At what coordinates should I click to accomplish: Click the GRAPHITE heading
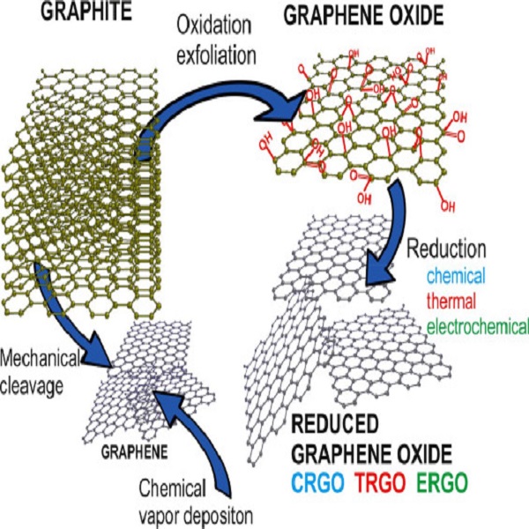(86, 11)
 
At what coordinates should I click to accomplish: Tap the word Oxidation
(214, 26)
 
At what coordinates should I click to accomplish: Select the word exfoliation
(216, 55)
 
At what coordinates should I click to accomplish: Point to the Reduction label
(446, 249)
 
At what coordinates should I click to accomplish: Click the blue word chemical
(456, 275)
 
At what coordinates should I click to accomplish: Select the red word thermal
(451, 300)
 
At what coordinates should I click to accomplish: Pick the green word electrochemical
(477, 326)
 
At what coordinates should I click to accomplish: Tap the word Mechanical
(40, 359)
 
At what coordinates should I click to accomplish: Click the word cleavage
(32, 385)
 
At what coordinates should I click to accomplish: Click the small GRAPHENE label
(134, 452)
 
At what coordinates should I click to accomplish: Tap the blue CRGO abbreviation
(317, 483)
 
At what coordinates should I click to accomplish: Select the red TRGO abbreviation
(379, 483)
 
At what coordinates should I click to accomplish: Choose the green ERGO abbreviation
(442, 483)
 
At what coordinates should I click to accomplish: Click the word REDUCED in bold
(335, 424)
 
